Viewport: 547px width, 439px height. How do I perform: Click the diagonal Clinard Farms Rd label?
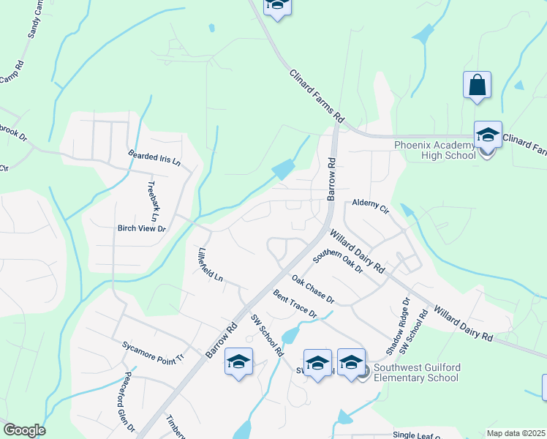[x=316, y=95]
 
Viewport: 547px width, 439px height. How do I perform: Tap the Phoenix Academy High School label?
[x=434, y=149]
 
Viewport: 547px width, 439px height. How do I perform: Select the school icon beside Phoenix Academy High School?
[x=488, y=135]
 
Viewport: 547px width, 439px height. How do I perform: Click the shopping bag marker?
[x=477, y=85]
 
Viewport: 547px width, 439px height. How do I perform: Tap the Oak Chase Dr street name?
[x=312, y=289]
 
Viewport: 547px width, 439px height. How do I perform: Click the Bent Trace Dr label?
[x=295, y=304]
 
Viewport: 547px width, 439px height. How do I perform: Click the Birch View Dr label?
[x=142, y=228]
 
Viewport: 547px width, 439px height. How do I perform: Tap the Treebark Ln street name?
[x=153, y=201]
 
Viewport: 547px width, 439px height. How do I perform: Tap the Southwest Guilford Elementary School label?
[x=416, y=372]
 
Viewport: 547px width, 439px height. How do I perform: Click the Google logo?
[x=23, y=430]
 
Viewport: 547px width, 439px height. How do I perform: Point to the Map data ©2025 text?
[x=516, y=433]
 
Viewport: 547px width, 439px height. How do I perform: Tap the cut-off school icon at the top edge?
[x=277, y=6]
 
